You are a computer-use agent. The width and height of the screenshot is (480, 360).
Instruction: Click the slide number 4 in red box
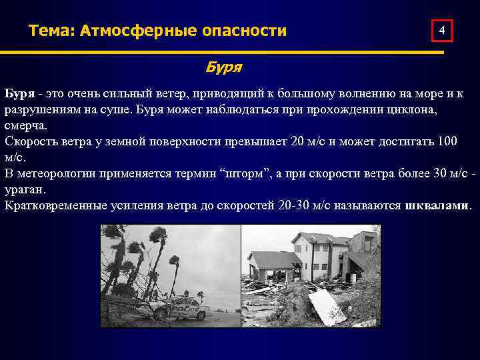(x=442, y=31)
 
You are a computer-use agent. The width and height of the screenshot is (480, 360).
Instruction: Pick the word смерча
(x=25, y=126)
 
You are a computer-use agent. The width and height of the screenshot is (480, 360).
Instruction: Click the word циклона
(x=413, y=110)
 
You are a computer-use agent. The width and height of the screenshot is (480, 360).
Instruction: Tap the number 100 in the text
(x=447, y=142)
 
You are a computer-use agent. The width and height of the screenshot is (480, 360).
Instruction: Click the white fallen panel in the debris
(x=327, y=305)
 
